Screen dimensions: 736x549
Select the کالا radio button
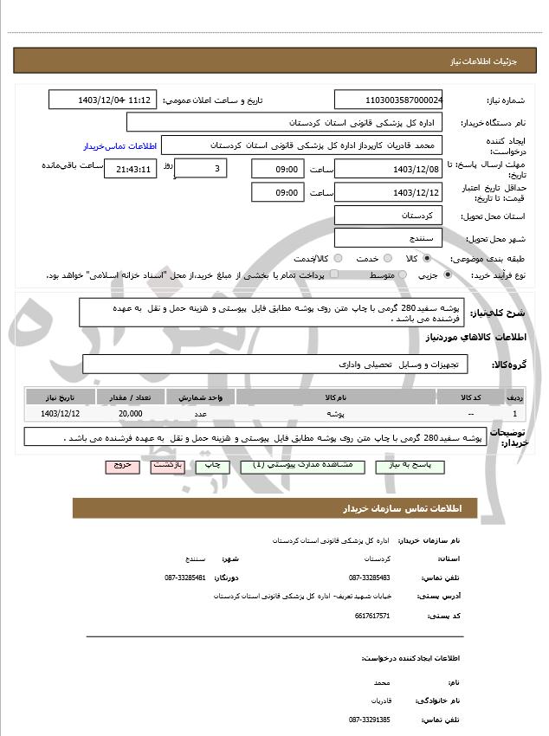[426, 258]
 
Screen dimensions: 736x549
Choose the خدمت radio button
[386, 258]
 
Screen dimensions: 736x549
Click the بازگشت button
[166, 466]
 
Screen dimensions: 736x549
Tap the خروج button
[122, 466]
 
